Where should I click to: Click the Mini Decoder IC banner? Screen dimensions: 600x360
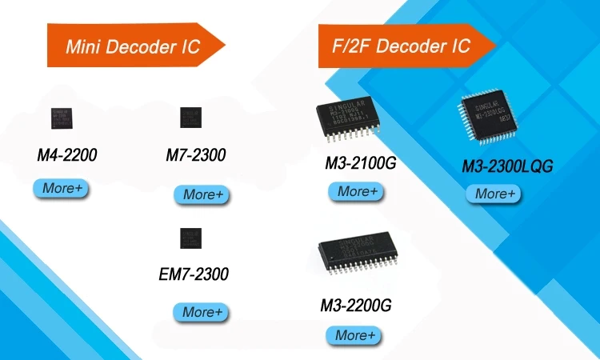pos(132,46)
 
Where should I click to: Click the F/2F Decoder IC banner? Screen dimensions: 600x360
pos(400,46)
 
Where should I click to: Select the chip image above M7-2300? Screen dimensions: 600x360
pos(191,118)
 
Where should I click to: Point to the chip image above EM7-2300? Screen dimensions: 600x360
pos(191,238)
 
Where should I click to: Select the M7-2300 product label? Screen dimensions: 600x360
pos(196,155)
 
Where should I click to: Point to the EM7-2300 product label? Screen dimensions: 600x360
pos(194,274)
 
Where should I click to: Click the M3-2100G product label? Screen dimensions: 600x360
pos(361,164)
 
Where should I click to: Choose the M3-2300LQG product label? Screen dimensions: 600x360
pos(508,166)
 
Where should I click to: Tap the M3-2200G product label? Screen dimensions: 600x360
pos(356,305)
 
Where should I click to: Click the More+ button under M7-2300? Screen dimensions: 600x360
pos(202,194)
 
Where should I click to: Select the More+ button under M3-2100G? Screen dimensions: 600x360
pos(356,191)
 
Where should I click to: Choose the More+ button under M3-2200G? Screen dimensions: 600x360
pos(353,335)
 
